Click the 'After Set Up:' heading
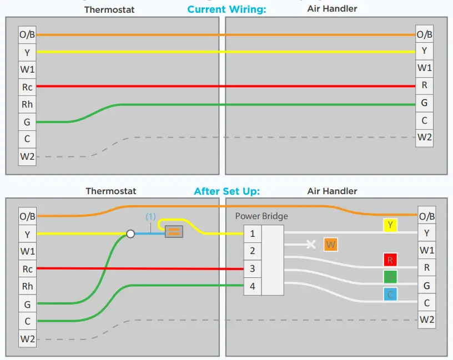coord(226,191)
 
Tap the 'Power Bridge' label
coord(261,216)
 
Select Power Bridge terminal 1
coord(252,234)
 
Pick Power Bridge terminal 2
coord(252,251)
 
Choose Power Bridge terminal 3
coord(252,269)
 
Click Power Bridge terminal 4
coord(252,287)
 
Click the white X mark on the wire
coord(311,244)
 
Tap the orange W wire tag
coord(331,245)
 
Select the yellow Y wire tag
coord(390,225)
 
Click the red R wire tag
coord(390,259)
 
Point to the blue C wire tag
coord(390,294)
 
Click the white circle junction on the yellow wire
coord(130,234)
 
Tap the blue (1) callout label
coord(150,217)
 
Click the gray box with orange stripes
coord(174,232)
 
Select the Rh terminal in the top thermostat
coord(27,104)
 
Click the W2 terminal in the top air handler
coord(425,138)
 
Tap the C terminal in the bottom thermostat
coord(27,321)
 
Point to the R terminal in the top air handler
coord(425,85)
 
